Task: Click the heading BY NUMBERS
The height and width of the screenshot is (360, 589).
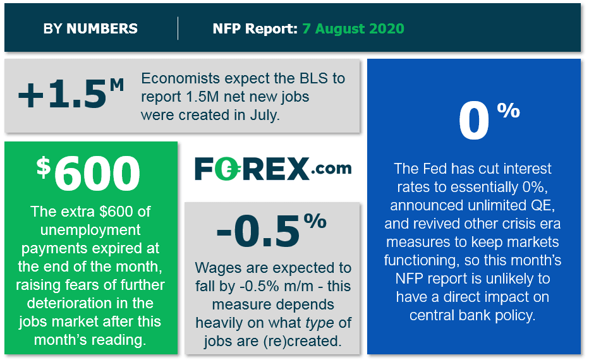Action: click(90, 28)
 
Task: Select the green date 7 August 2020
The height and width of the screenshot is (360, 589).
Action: click(353, 28)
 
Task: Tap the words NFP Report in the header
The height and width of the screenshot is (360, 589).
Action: click(255, 28)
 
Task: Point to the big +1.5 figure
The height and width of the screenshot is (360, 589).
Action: click(62, 95)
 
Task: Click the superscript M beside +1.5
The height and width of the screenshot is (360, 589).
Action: click(117, 85)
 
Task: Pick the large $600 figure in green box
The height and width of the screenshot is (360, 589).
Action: click(88, 173)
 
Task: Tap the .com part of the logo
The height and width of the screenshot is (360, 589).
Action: click(331, 169)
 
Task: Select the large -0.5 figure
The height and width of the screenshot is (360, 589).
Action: click(258, 232)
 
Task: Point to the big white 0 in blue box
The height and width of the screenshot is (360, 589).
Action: click(474, 121)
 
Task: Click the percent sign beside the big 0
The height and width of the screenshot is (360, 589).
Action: click(508, 111)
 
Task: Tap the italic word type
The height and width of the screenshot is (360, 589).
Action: click(320, 323)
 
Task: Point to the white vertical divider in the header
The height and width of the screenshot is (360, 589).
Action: click(178, 28)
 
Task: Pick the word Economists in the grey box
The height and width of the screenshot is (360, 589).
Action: click(180, 78)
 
